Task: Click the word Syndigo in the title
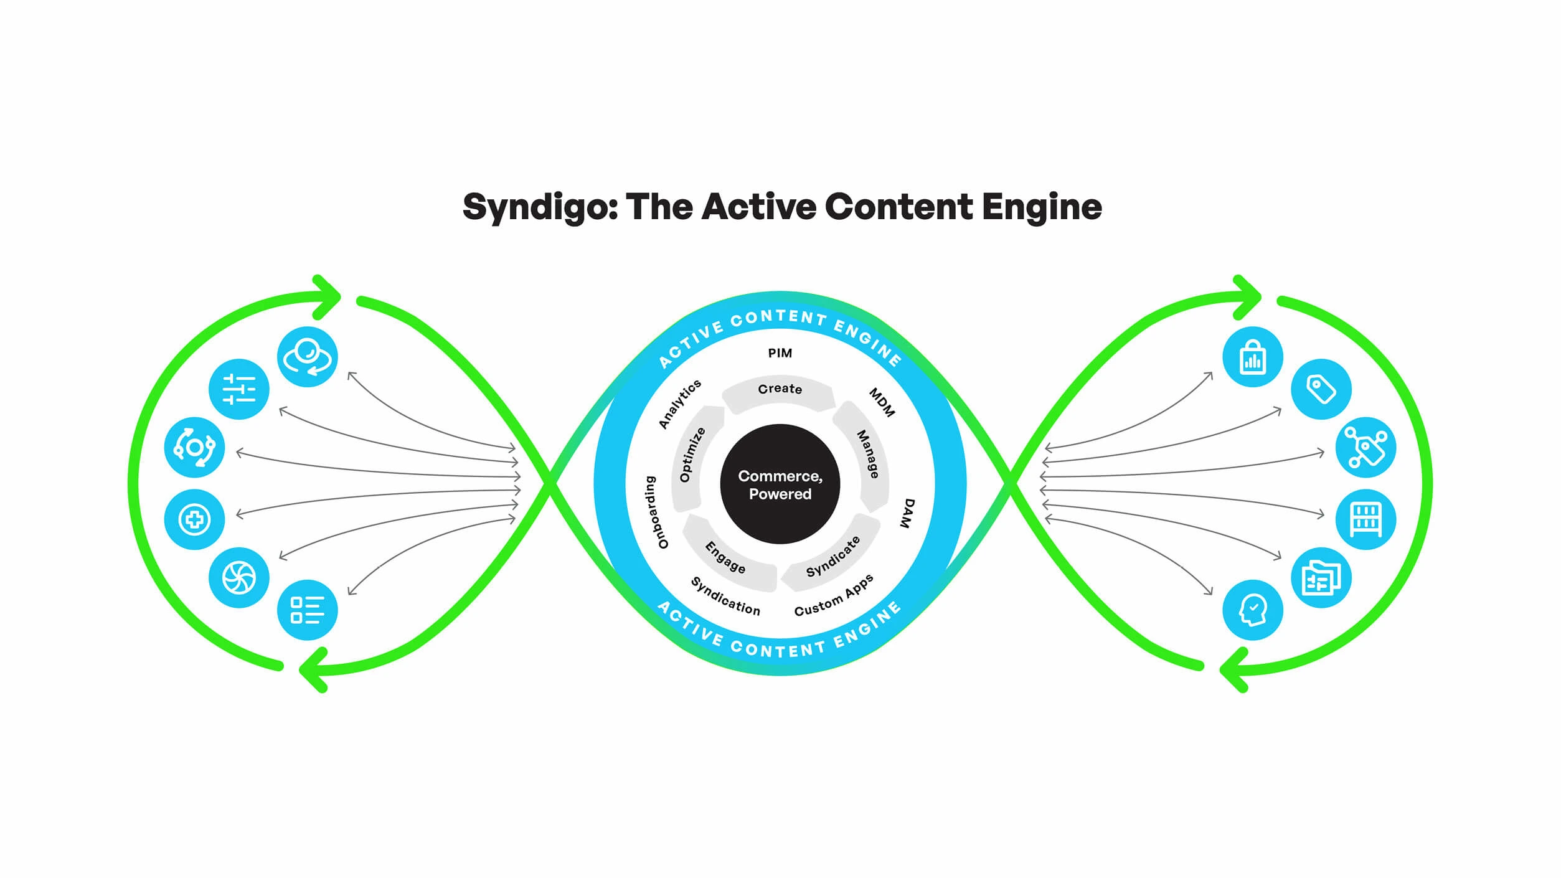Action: pyautogui.click(x=540, y=207)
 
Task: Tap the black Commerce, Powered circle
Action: pyautogui.click(x=780, y=484)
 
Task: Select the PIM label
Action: pyautogui.click(x=780, y=353)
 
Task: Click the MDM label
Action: pyautogui.click(x=882, y=402)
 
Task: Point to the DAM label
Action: pyautogui.click(x=907, y=513)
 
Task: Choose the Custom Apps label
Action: pyautogui.click(x=834, y=595)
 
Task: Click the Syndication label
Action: pyautogui.click(x=725, y=596)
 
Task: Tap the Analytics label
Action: pyautogui.click(x=679, y=404)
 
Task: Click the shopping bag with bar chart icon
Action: pyautogui.click(x=1253, y=357)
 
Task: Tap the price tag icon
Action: pyautogui.click(x=1321, y=390)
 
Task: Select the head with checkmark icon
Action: pyautogui.click(x=1253, y=610)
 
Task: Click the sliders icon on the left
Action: pyautogui.click(x=239, y=390)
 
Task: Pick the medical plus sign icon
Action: pyautogui.click(x=194, y=519)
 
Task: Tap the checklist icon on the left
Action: pyautogui.click(x=308, y=610)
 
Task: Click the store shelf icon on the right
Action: pyautogui.click(x=1366, y=519)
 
